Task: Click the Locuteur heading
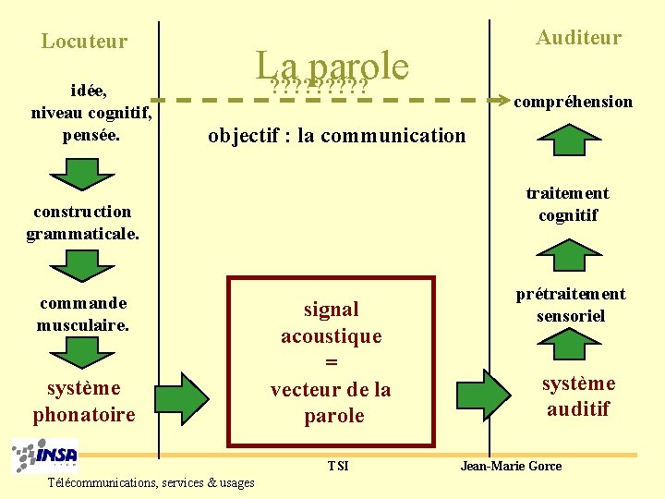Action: (84, 42)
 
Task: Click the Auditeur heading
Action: (579, 38)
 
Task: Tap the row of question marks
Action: (320, 88)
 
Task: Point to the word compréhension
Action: (574, 102)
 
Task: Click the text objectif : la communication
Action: (336, 136)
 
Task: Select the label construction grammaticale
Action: (83, 223)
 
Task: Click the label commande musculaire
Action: (83, 314)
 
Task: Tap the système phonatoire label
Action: (84, 401)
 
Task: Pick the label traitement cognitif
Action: (568, 204)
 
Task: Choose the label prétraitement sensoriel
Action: (571, 305)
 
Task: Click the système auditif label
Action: (578, 396)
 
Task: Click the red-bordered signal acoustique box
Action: (331, 361)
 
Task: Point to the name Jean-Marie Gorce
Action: (511, 466)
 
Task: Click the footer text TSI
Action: (338, 466)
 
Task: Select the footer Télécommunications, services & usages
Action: (152, 482)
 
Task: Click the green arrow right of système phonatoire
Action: (191, 396)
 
